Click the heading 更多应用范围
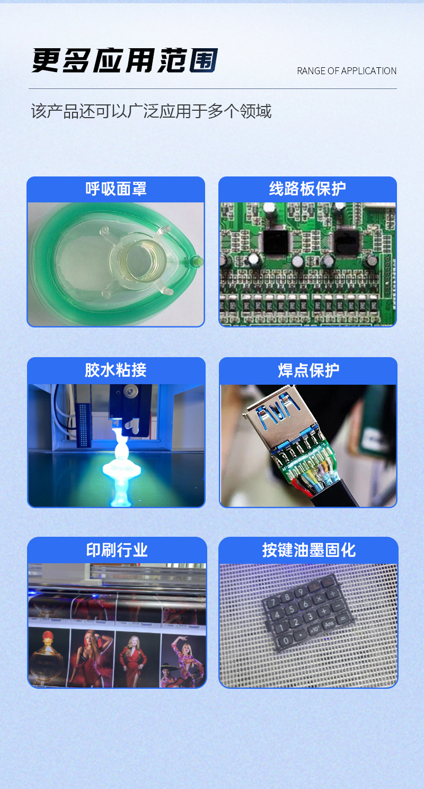(x=125, y=61)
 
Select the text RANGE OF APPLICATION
(x=347, y=71)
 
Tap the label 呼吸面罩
(x=116, y=189)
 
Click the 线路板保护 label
(x=307, y=189)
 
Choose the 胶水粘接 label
(x=116, y=370)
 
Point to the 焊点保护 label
(x=308, y=370)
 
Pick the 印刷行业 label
(x=117, y=550)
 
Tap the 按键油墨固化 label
(x=308, y=550)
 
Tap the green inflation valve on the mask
(x=197, y=261)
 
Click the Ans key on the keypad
(x=329, y=624)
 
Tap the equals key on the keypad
(x=342, y=618)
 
